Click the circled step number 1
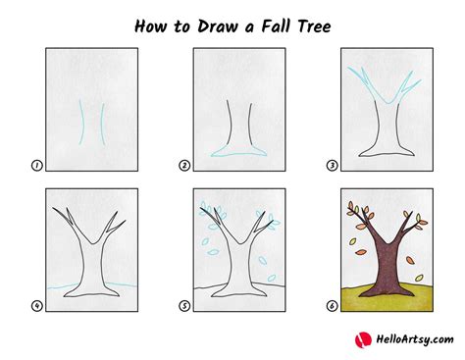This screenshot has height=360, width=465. (x=36, y=166)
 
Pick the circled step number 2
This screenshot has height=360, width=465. (x=183, y=166)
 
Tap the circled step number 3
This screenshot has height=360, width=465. (x=332, y=166)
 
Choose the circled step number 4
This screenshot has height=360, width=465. (x=36, y=306)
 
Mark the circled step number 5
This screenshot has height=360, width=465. (x=183, y=306)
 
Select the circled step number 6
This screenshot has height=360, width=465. (x=332, y=306)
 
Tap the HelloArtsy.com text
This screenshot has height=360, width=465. (x=404, y=339)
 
